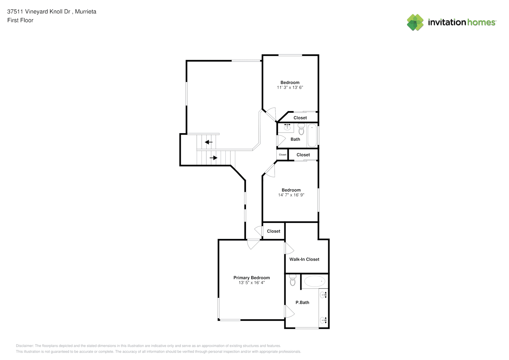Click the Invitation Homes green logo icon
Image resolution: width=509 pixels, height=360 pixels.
415,22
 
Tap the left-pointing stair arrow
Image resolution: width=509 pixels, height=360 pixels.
208,142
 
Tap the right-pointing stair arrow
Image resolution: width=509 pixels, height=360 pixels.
213,158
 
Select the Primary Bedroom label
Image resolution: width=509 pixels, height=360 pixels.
252,278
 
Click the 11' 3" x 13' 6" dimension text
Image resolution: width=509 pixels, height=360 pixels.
290,87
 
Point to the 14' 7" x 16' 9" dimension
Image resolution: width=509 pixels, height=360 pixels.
291,195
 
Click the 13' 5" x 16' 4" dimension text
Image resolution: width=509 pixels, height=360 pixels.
252,283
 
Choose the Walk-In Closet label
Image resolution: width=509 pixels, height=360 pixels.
304,259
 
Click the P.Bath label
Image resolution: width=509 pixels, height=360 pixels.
302,302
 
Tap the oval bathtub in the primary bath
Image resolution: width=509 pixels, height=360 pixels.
315,282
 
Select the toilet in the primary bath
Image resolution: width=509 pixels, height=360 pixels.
293,280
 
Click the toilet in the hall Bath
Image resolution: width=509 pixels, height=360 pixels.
301,129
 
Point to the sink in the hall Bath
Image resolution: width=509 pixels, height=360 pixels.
287,127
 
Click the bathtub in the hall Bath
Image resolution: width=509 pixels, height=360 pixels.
312,135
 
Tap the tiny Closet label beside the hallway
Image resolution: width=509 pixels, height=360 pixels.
283,155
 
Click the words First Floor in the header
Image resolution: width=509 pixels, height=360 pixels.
20,21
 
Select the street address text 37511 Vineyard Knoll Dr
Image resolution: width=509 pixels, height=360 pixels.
39,12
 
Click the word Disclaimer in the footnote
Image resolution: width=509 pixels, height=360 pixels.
25,346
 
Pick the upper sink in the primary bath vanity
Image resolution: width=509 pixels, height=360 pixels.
323,295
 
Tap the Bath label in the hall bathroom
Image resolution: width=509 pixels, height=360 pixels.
295,139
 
